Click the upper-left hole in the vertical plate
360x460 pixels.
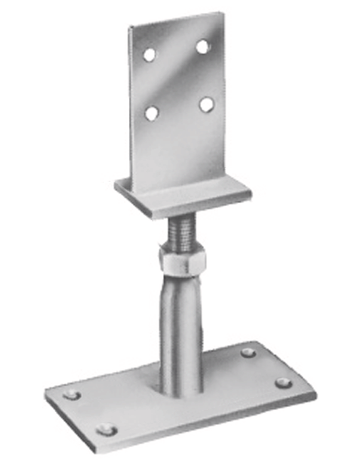click(x=149, y=56)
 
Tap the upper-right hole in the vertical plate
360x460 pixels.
click(x=202, y=46)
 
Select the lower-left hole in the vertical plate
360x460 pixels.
click(x=151, y=114)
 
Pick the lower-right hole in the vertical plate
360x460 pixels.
click(x=206, y=104)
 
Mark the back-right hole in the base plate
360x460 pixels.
click(x=247, y=352)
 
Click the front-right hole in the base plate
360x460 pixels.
click(x=283, y=383)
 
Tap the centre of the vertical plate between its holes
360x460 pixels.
click(x=178, y=80)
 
